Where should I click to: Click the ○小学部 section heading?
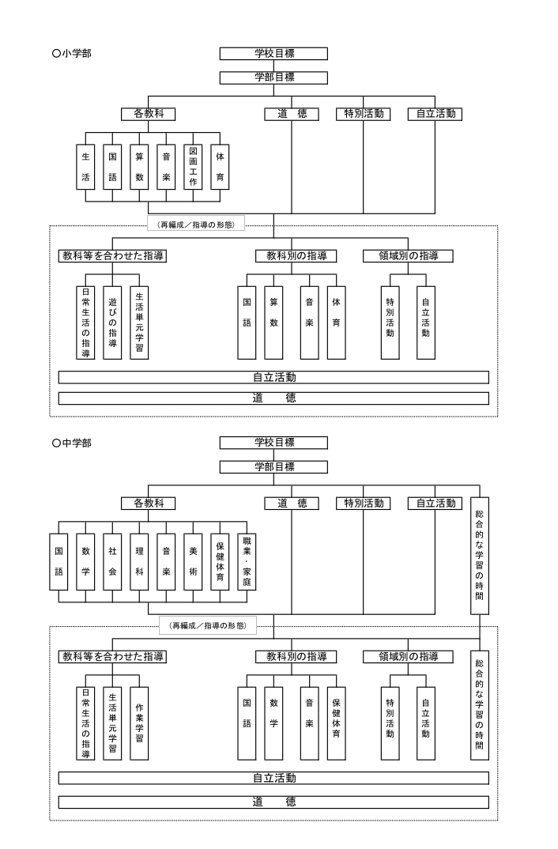72,54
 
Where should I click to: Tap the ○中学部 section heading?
72,443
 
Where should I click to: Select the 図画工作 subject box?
193,167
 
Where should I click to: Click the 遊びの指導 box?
112,323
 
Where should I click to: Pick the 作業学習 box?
140,723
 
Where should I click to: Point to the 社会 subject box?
112,561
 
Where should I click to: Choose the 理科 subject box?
140,561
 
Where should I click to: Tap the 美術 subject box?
193,561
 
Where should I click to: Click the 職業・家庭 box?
247,561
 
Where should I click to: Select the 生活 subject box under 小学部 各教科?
85,167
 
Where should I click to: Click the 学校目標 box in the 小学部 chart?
273,54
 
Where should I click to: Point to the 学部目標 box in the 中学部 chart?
273,466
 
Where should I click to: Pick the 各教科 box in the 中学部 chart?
149,504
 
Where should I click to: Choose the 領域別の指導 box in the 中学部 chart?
408,657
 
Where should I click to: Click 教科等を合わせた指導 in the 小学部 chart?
112,256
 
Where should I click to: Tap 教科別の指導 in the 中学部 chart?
296,657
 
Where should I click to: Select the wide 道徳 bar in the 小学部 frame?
273,398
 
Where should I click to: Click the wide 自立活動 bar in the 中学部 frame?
273,778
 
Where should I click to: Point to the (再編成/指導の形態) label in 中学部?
209,626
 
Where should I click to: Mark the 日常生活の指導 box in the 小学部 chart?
85,323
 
